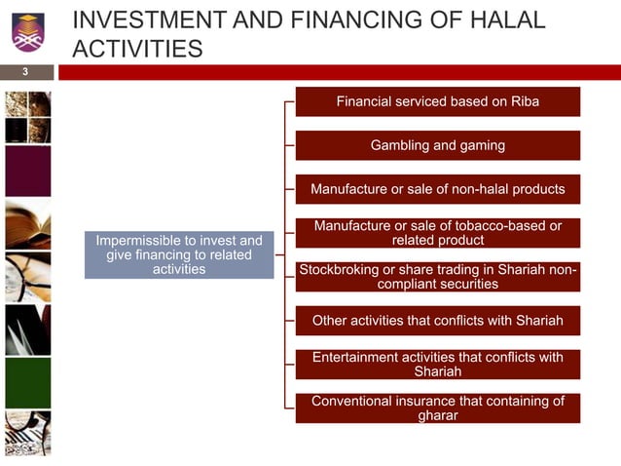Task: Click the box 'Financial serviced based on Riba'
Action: point(438,101)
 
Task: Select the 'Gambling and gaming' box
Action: point(438,145)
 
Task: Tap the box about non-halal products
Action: point(438,188)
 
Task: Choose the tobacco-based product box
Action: point(438,233)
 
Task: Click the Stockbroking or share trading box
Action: point(438,277)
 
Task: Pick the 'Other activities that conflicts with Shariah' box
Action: point(438,320)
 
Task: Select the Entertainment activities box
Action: point(438,364)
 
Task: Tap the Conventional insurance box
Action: point(438,408)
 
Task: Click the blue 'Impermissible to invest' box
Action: point(179,254)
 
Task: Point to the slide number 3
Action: point(26,72)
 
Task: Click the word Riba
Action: point(522,101)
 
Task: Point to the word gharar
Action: point(438,415)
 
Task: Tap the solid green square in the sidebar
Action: point(27,382)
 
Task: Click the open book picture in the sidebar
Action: point(27,223)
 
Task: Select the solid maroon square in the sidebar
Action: point(27,171)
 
